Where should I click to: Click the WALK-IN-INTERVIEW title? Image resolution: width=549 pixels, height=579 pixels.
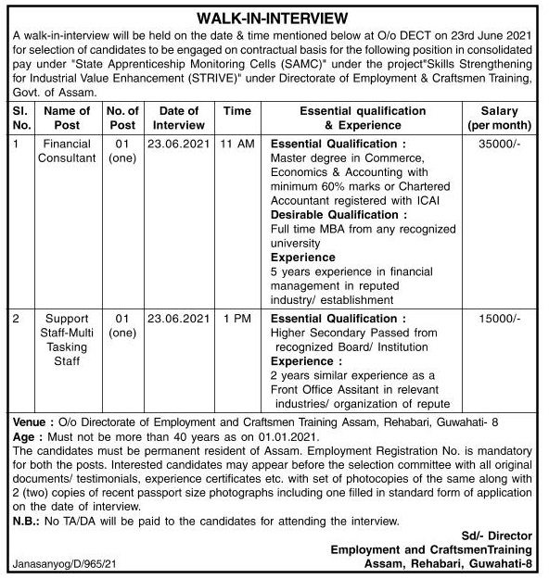(x=274, y=17)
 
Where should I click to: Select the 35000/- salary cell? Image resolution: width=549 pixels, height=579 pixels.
(x=501, y=145)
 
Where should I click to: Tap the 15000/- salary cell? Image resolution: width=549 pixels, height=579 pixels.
(x=501, y=319)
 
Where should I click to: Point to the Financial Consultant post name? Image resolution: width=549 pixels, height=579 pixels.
(x=67, y=151)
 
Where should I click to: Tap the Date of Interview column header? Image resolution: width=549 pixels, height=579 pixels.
(x=179, y=117)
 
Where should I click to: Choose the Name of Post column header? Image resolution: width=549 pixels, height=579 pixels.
(x=67, y=117)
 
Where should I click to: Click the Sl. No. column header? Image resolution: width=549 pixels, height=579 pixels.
(x=20, y=117)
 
